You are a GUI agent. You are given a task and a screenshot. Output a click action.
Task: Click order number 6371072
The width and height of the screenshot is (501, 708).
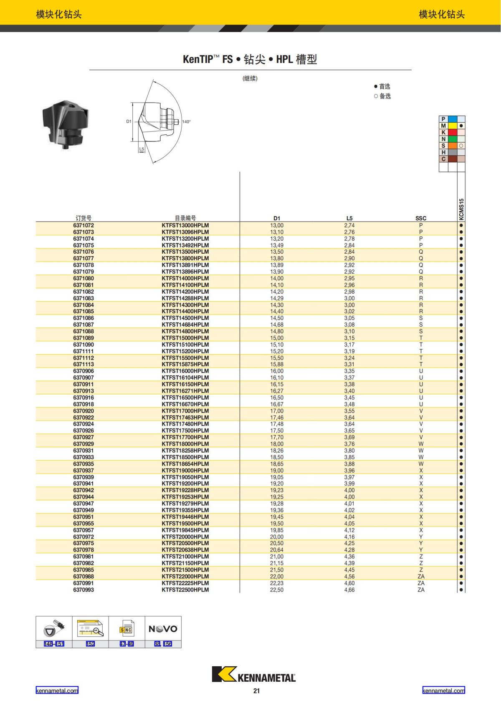pyautogui.click(x=83, y=225)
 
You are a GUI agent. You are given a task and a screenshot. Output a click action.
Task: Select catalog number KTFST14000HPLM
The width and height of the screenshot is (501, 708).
pyautogui.click(x=185, y=278)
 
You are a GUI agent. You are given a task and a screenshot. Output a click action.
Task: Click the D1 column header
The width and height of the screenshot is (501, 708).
pyautogui.click(x=277, y=218)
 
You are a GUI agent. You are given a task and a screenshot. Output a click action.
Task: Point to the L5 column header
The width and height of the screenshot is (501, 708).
pyautogui.click(x=349, y=218)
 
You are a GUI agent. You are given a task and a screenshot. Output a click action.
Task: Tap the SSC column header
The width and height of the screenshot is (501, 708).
pyautogui.click(x=421, y=218)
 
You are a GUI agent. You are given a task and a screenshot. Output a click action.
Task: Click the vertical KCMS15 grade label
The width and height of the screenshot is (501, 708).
pyautogui.click(x=461, y=209)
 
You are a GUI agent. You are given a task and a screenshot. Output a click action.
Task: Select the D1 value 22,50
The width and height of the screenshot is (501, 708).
pyautogui.click(x=276, y=590)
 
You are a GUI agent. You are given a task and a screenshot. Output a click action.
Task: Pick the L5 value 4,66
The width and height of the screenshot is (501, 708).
pyautogui.click(x=349, y=590)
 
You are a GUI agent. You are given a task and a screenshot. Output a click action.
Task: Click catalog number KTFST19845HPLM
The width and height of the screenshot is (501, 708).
pyautogui.click(x=185, y=530)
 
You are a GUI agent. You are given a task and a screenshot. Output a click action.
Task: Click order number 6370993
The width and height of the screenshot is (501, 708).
pyautogui.click(x=83, y=590)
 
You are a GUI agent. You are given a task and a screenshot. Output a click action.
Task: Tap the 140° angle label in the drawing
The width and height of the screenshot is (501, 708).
pyautogui.click(x=186, y=122)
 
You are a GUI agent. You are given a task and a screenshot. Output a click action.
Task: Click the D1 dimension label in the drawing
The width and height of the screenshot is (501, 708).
pyautogui.click(x=129, y=121)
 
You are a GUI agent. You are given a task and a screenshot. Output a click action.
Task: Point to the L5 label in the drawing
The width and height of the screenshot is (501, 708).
pyautogui.click(x=142, y=149)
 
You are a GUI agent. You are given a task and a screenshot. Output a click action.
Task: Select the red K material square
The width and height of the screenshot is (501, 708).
pyautogui.click(x=452, y=132)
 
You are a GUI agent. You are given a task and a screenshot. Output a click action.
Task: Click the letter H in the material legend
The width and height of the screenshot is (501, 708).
pyautogui.click(x=443, y=152)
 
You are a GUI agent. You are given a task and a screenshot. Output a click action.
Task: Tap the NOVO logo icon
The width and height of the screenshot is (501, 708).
pyautogui.click(x=163, y=629)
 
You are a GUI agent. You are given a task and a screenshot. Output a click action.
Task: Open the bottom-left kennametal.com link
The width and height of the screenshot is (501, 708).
pyautogui.click(x=57, y=690)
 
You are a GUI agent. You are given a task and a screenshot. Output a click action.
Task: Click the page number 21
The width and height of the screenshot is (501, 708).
pyautogui.click(x=256, y=691)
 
